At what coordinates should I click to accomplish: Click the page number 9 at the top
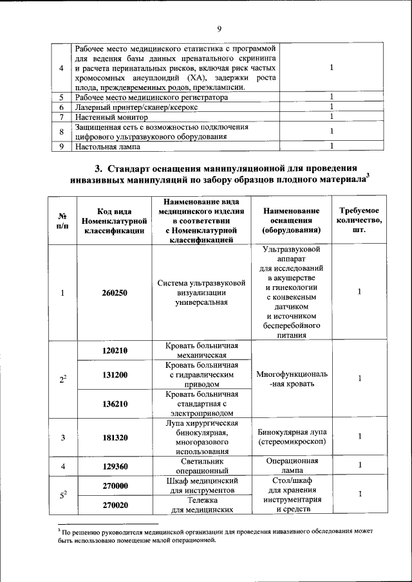(219, 29)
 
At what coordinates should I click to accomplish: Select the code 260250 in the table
(114, 293)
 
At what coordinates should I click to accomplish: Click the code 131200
(114, 374)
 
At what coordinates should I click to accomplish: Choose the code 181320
(114, 437)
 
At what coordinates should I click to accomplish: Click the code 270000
(114, 486)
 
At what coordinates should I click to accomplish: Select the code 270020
(114, 505)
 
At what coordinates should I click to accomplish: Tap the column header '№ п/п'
(62, 221)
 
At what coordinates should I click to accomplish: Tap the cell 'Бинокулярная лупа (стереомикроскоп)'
(292, 437)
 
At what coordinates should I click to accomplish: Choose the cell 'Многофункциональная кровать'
(292, 378)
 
